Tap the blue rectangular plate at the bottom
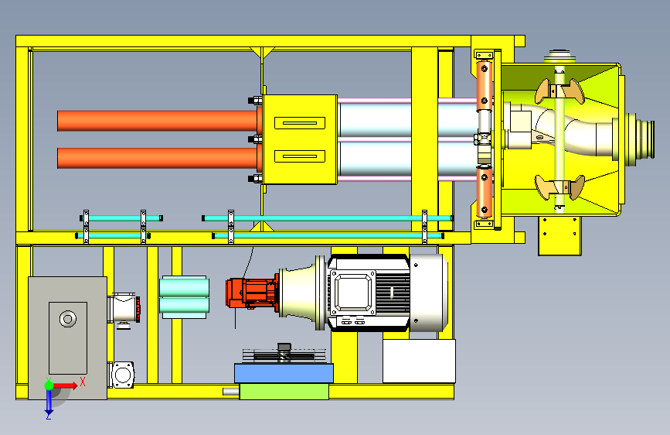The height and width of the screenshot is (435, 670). click(x=284, y=373)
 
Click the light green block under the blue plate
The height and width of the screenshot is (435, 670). click(x=284, y=392)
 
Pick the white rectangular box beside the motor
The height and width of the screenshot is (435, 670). click(x=419, y=361)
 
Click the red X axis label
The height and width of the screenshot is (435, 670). click(x=83, y=382)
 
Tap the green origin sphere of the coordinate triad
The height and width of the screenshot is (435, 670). click(x=49, y=385)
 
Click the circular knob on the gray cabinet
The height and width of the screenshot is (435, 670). click(x=68, y=319)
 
